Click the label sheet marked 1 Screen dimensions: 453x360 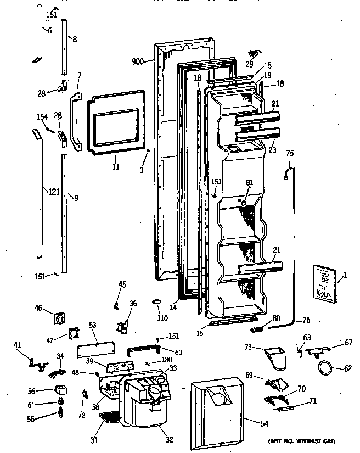[323, 282]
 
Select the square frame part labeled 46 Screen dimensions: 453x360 [58, 317]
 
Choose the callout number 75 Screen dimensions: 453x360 [290, 153]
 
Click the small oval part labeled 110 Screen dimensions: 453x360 [155, 300]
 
